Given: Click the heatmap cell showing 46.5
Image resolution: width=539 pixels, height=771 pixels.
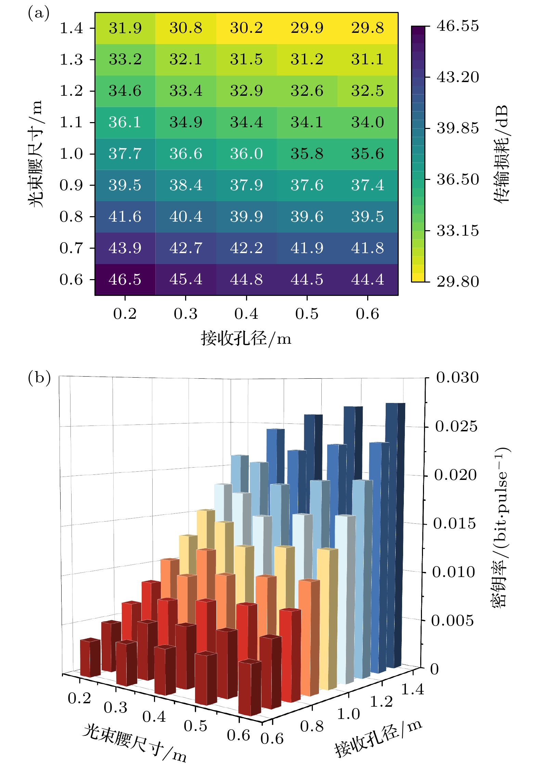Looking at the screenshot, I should coord(125,279).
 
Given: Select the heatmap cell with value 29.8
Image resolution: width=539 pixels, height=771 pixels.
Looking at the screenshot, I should coord(368,28).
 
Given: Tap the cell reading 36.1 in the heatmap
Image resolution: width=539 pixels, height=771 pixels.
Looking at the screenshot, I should coord(125,122).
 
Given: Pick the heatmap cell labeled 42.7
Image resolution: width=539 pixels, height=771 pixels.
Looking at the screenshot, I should coord(186,248).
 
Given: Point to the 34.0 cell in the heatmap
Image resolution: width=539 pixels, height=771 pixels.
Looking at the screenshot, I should coord(368,122).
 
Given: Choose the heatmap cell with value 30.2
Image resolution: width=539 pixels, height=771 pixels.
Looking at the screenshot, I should coord(246,28).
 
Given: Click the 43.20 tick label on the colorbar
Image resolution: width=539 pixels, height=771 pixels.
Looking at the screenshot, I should coord(458,77).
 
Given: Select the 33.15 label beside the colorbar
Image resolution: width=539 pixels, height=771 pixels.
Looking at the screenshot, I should coord(458,231).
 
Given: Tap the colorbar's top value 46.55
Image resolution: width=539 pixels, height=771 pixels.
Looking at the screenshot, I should coord(458,26).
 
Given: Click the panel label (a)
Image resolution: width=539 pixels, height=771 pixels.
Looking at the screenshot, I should coord(39,14).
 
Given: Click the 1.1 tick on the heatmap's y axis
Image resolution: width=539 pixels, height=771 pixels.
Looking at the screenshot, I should coord(71,122).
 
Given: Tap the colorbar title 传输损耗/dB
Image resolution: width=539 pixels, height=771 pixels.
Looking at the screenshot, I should coord(501,154).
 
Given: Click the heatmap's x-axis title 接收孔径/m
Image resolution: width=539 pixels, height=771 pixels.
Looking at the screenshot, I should coord(246,339).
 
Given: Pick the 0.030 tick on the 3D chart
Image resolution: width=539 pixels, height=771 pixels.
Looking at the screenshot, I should coord(457,378).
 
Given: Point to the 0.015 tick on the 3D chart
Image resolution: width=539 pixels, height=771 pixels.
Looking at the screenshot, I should coord(454,524).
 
